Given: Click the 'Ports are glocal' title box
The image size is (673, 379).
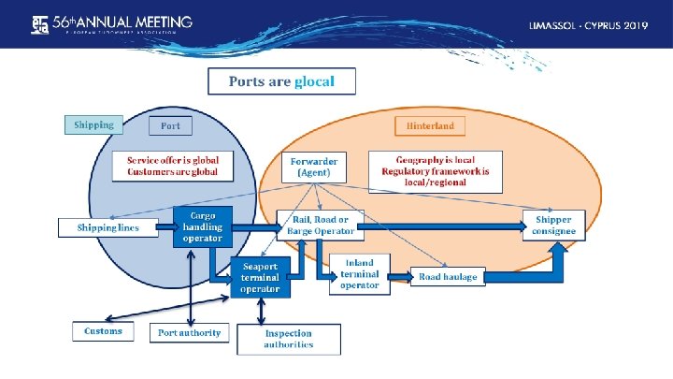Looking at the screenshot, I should coord(281,81).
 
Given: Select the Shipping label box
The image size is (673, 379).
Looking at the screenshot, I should coord(93,124).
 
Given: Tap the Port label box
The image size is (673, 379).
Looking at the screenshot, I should coord(171,125).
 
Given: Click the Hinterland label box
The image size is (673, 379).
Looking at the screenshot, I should coord(430,125).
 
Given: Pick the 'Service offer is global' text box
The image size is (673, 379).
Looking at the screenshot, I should coord(173,167).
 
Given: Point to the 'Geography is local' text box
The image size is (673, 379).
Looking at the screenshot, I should coord(435,171).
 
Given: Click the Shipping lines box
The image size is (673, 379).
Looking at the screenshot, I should coord(109,228).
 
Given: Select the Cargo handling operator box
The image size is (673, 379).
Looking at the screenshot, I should coord(202,226).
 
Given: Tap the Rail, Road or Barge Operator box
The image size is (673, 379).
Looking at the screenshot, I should coord(318,225).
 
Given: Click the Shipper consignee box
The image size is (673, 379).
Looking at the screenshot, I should coord(554,226).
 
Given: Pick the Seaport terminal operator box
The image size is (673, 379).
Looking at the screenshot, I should coord(260,277).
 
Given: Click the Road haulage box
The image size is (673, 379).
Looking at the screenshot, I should coord(448,277).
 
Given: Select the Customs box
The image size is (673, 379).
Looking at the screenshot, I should coord(103,331).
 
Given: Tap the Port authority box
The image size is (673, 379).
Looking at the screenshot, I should coord(190,332).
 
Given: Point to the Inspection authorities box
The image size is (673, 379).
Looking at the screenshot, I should coord(289,339).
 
